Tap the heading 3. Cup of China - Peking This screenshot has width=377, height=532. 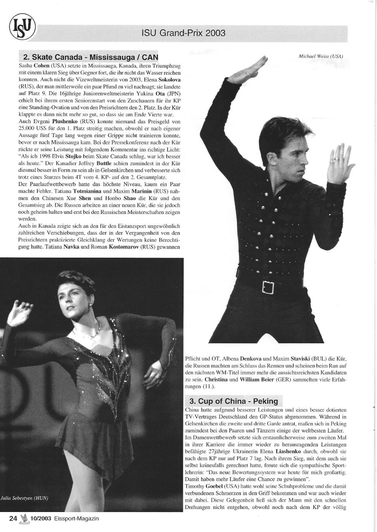tap(234, 401)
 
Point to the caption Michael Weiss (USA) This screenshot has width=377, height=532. tap(320, 56)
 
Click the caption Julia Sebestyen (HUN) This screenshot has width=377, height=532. tap(25, 498)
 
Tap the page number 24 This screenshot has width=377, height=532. tap(13, 518)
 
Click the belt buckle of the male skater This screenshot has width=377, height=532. tap(268, 287)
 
